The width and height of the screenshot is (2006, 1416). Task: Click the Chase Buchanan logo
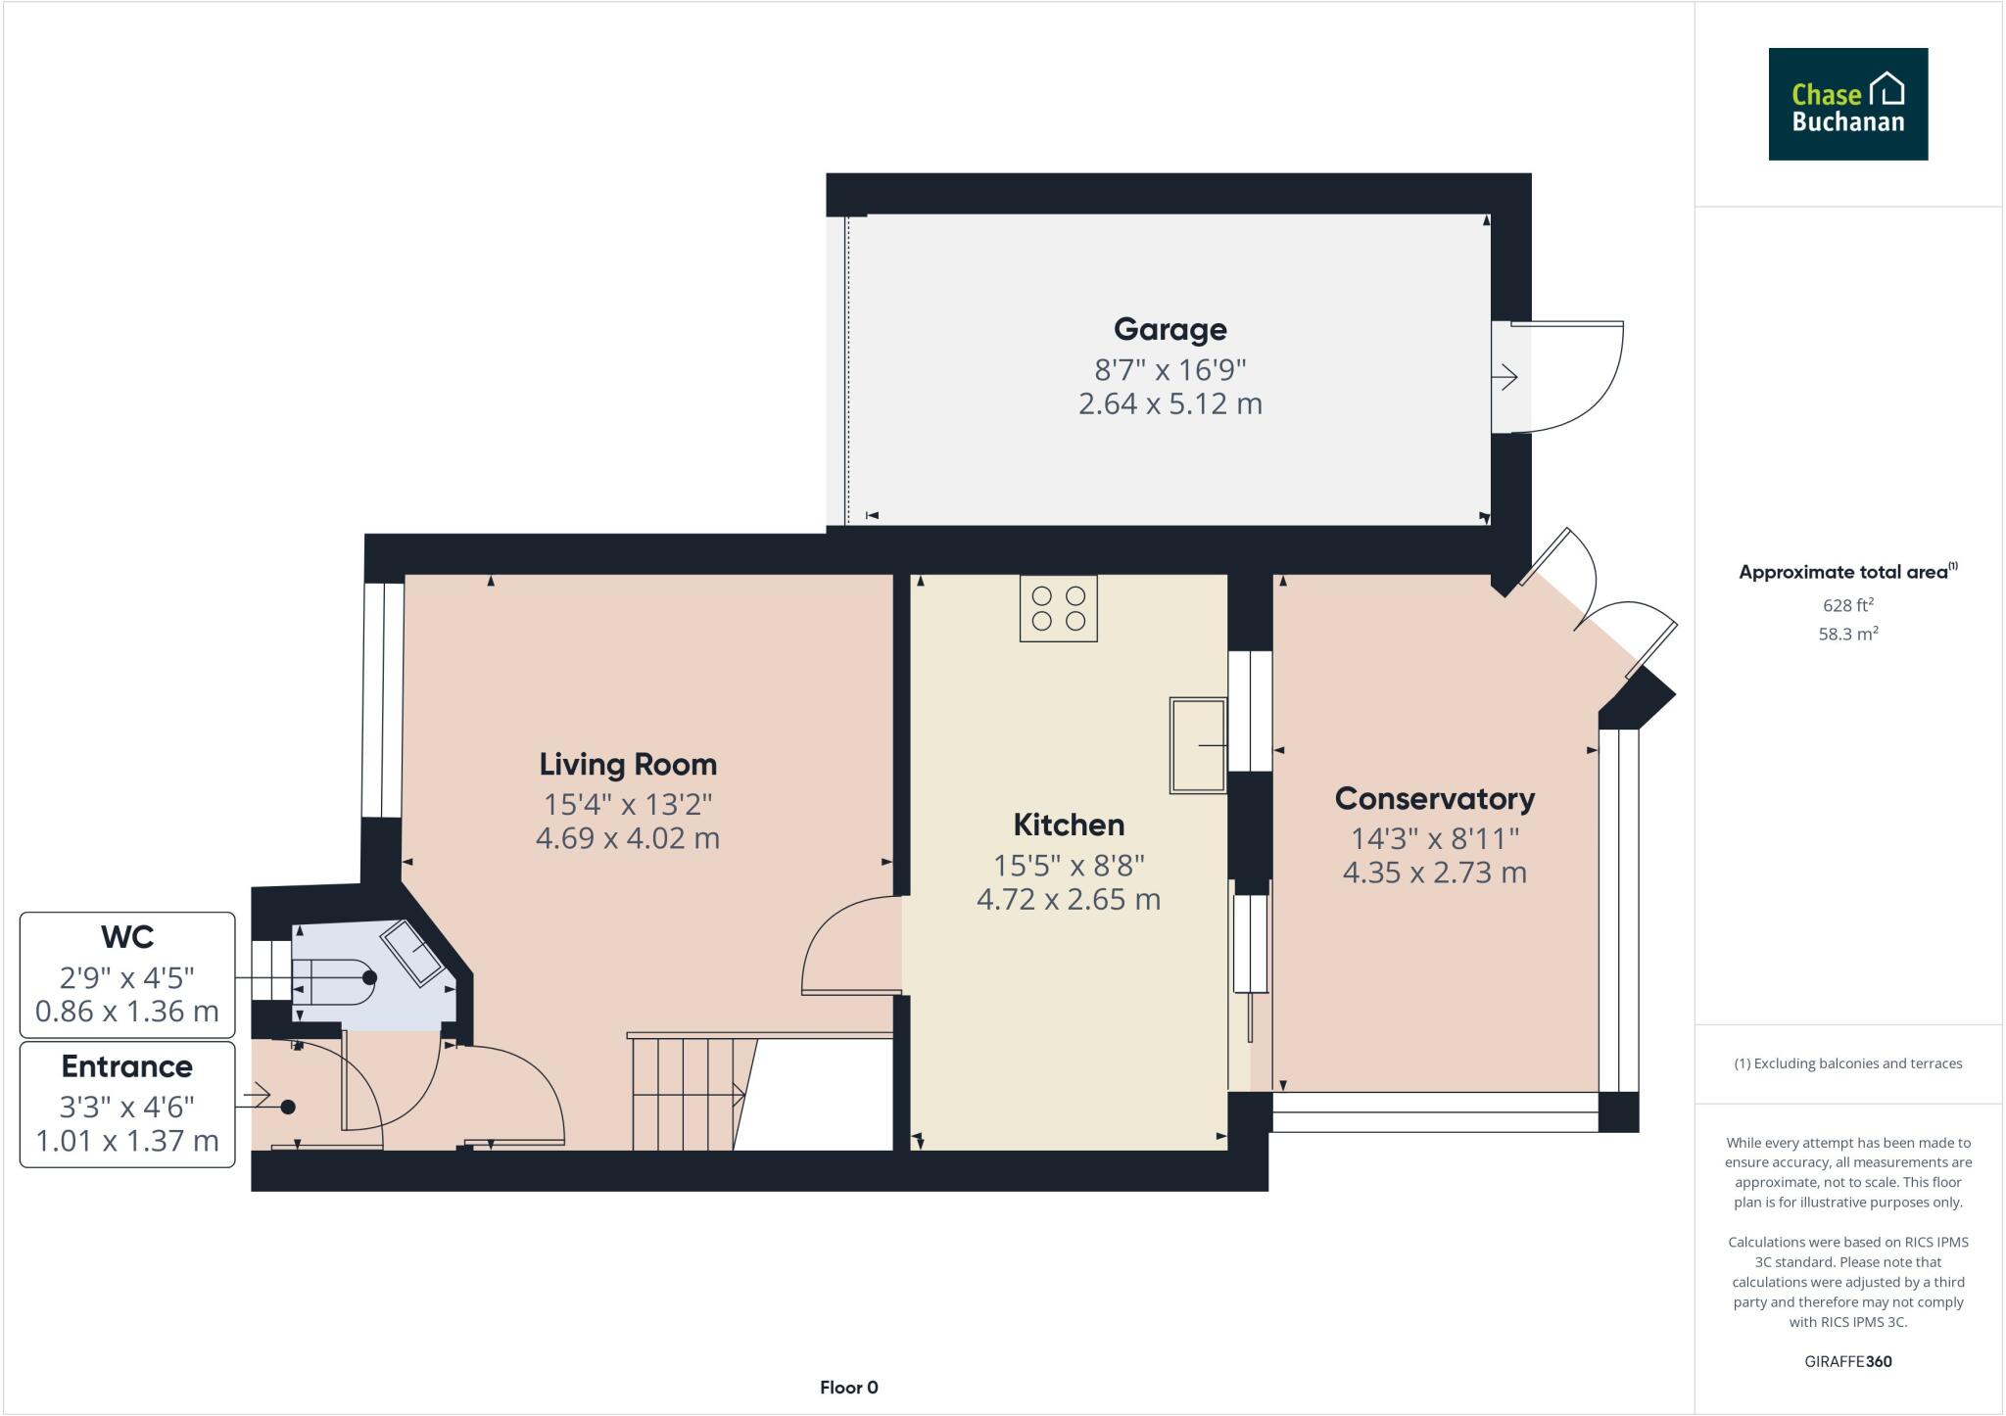click(1847, 104)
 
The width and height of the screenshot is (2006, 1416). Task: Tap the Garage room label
click(1170, 329)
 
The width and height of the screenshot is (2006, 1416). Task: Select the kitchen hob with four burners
click(1058, 608)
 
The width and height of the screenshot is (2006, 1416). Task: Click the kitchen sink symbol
click(1197, 745)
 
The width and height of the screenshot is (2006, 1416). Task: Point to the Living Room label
click(628, 764)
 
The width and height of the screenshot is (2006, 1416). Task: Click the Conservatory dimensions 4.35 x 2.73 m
click(1434, 873)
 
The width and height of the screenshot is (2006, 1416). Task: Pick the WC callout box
click(127, 974)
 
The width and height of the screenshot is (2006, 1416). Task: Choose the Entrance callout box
click(127, 1104)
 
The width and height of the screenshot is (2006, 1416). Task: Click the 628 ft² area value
click(1847, 605)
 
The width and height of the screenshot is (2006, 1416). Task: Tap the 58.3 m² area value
click(1847, 634)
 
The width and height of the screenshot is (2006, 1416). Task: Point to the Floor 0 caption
click(848, 1387)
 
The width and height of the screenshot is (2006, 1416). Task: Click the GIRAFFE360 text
click(1847, 1361)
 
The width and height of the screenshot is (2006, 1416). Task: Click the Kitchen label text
click(1068, 825)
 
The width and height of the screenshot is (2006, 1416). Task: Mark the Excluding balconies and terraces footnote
click(1847, 1063)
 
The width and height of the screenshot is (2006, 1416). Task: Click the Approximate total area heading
click(1844, 573)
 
